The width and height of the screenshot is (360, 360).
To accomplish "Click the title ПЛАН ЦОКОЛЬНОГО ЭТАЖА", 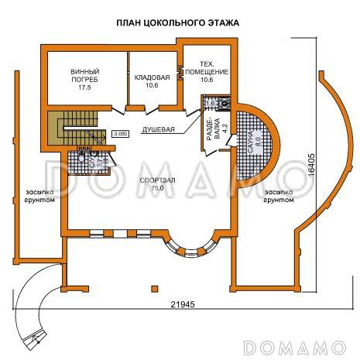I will coord(178,23).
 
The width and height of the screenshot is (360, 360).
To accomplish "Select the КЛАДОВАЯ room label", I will coord(152,77).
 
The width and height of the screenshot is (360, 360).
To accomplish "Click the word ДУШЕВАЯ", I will coord(158,130).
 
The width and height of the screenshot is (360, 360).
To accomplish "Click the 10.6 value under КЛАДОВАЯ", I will coord(151,85).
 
